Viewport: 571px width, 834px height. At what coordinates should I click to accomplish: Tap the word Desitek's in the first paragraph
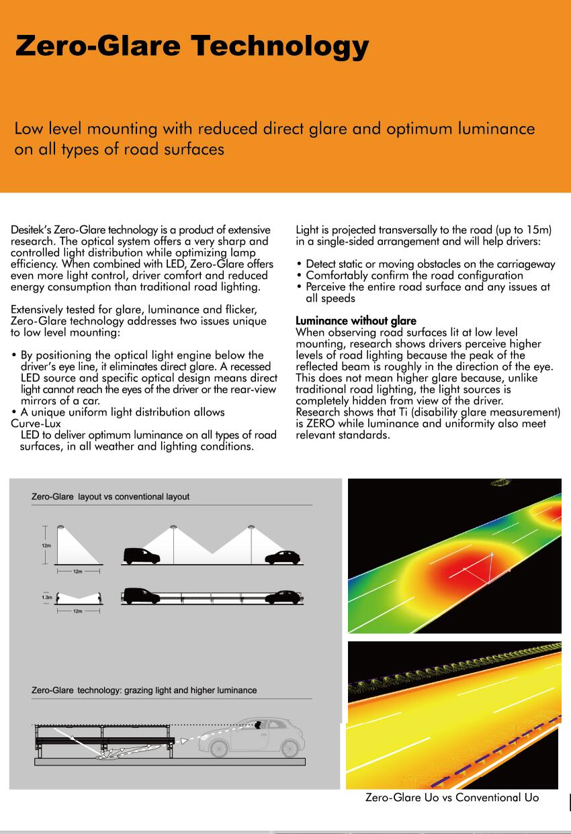tap(30, 230)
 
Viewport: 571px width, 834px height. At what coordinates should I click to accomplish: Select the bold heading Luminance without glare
tap(356, 321)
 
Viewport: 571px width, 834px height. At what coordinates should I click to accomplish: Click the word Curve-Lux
tap(36, 424)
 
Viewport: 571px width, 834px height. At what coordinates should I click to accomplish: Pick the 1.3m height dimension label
tap(46, 597)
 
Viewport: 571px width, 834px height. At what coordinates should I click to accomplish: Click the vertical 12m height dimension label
tap(46, 545)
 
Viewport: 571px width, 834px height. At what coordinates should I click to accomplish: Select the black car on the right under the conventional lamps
tap(282, 557)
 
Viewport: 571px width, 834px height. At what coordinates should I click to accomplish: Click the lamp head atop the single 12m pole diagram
tap(60, 526)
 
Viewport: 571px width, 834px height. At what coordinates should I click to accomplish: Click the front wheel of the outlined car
tap(290, 747)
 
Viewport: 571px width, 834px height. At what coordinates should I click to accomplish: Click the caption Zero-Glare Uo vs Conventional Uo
tap(452, 798)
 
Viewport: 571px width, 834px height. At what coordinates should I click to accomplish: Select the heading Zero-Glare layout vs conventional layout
tap(111, 497)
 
